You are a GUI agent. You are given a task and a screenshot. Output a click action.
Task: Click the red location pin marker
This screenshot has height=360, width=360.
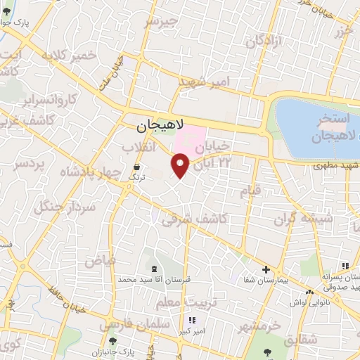[x=180, y=165]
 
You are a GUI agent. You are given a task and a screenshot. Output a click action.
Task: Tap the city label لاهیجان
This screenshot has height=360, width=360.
[x=159, y=127]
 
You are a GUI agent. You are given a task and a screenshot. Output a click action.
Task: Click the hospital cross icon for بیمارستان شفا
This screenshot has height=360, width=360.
[x=266, y=269]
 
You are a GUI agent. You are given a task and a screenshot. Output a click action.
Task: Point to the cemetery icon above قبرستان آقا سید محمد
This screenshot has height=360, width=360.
[x=154, y=269]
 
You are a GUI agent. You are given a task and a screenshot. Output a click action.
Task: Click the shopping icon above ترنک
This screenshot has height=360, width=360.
[x=136, y=167]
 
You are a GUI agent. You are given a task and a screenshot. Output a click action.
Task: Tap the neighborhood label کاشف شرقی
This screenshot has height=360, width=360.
[x=194, y=219]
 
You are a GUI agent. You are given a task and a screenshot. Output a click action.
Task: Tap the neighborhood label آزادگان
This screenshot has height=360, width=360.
[x=264, y=40]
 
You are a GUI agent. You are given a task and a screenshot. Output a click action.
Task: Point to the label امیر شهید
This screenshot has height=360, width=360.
[x=205, y=82]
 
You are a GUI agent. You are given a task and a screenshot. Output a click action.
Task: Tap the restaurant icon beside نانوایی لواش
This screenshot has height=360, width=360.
[x=309, y=291]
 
